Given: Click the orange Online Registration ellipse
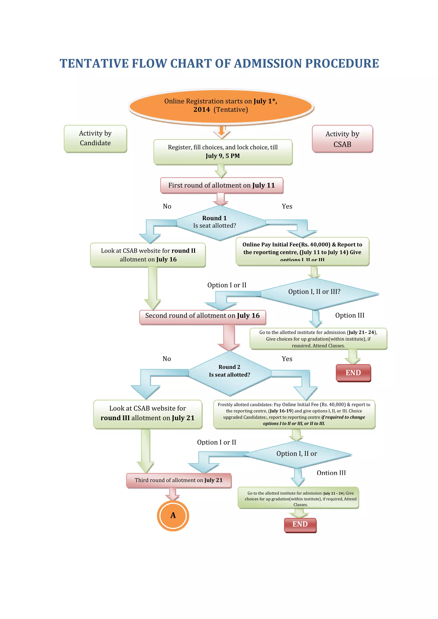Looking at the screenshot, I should coord(221,106).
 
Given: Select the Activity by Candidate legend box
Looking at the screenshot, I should coord(95,138).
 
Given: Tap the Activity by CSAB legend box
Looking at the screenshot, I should coord(342,139).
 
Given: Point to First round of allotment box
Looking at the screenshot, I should coord(221,185).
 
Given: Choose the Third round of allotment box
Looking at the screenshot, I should coord(179,480).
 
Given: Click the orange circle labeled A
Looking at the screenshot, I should coord(173,515).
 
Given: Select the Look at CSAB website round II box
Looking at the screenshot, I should coord(148,255).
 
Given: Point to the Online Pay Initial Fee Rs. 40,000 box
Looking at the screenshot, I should coord(302,251).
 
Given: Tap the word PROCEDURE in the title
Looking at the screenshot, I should coord(342,64).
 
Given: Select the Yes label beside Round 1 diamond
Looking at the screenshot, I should coord(287,206).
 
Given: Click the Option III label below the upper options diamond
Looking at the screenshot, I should coord(349,315).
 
